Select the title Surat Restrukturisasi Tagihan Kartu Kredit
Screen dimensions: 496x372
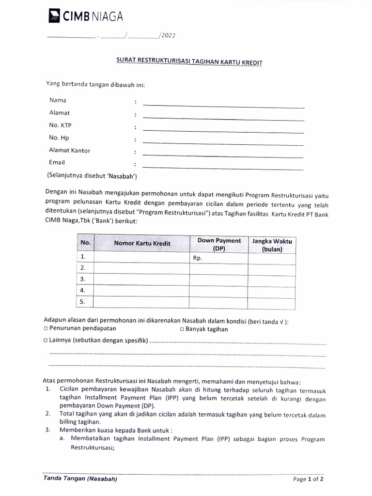(189, 62)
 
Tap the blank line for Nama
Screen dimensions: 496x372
(223, 105)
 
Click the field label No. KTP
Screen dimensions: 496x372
(61, 125)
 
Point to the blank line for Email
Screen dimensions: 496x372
(223, 168)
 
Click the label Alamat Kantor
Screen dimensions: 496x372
(69, 150)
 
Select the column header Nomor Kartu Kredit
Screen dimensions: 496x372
(142, 243)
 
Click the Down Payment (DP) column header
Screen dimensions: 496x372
(219, 244)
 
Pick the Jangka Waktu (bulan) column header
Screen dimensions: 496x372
(272, 245)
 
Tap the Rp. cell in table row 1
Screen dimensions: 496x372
(198, 258)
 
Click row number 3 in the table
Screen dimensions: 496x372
(83, 279)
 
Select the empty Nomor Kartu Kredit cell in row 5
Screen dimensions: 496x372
(141, 302)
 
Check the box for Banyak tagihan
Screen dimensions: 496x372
(182, 329)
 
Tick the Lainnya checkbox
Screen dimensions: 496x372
(46, 341)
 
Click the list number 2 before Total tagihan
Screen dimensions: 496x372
(48, 414)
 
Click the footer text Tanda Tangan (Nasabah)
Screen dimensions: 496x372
(80, 479)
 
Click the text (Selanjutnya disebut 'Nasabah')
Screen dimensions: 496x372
(92, 175)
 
